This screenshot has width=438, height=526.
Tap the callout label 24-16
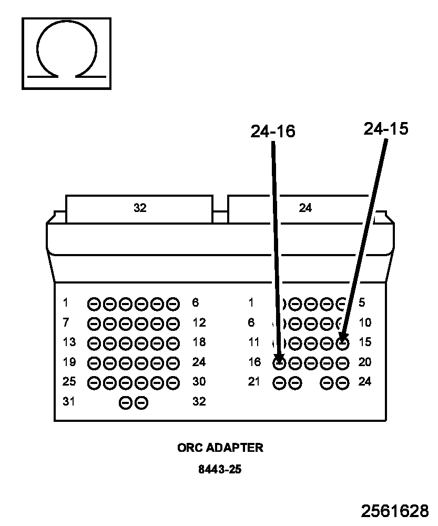pos(273,131)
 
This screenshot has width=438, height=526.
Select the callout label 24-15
pos(386,129)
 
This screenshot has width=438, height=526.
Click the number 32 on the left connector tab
pos(140,208)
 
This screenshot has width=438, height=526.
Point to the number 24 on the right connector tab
pos(305,208)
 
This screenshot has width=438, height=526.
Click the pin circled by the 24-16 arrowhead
pos(279,363)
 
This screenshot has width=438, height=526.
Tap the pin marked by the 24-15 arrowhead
pos(342,343)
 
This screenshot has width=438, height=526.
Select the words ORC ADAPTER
pos(220,448)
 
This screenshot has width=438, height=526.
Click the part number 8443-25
pos(220,469)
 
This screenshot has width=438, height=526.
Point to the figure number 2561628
pos(395,511)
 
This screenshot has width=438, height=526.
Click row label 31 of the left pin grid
pos(69,401)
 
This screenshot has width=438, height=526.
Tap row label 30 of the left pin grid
pos(199,381)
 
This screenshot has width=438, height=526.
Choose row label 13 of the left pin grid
pos(69,342)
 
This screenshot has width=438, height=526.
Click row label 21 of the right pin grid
pos(254,381)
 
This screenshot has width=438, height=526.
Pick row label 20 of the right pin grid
pos(365,362)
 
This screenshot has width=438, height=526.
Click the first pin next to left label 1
pos(94,304)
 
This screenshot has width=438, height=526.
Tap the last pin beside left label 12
pos(173,323)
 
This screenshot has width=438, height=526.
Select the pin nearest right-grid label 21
pos(279,383)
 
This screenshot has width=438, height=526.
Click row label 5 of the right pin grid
pos(362,302)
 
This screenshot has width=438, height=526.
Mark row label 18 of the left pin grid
pos(199,342)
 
